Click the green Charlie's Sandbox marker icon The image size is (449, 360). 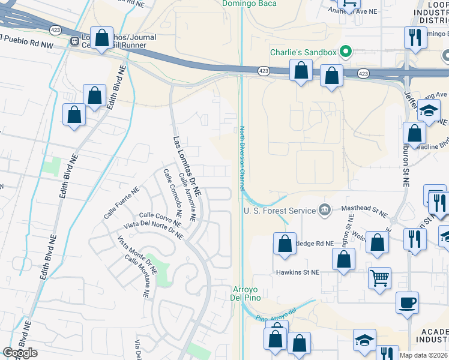345,52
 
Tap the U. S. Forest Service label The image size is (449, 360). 279,211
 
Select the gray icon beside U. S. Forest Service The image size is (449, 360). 325,209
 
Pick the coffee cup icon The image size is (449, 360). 408,302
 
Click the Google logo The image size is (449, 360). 20,353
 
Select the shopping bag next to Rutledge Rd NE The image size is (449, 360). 284,244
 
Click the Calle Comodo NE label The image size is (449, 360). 172,192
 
